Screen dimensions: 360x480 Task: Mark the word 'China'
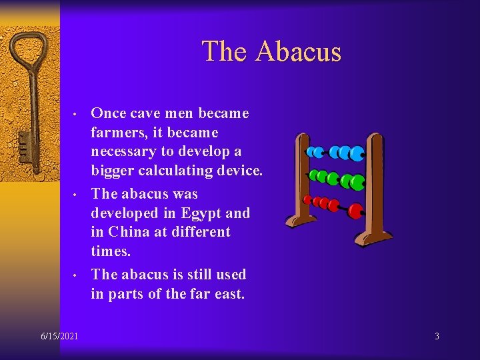tap(129, 232)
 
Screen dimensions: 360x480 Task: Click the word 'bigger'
tap(113, 171)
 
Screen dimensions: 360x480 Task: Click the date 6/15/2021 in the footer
tap(59, 336)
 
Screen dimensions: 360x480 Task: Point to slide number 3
tap(437, 336)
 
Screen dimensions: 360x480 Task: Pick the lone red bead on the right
tap(355, 211)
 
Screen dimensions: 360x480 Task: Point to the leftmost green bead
tap(313, 176)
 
